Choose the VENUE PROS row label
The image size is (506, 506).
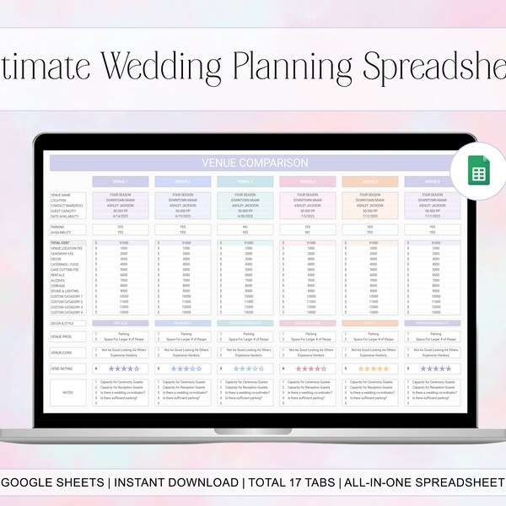coord(62,336)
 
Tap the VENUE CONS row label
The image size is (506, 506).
coord(62,353)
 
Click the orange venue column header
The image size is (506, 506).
coord(369,181)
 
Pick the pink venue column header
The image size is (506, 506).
coord(308,181)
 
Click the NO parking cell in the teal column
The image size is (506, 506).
coord(245,226)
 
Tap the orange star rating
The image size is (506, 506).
coord(374,369)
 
